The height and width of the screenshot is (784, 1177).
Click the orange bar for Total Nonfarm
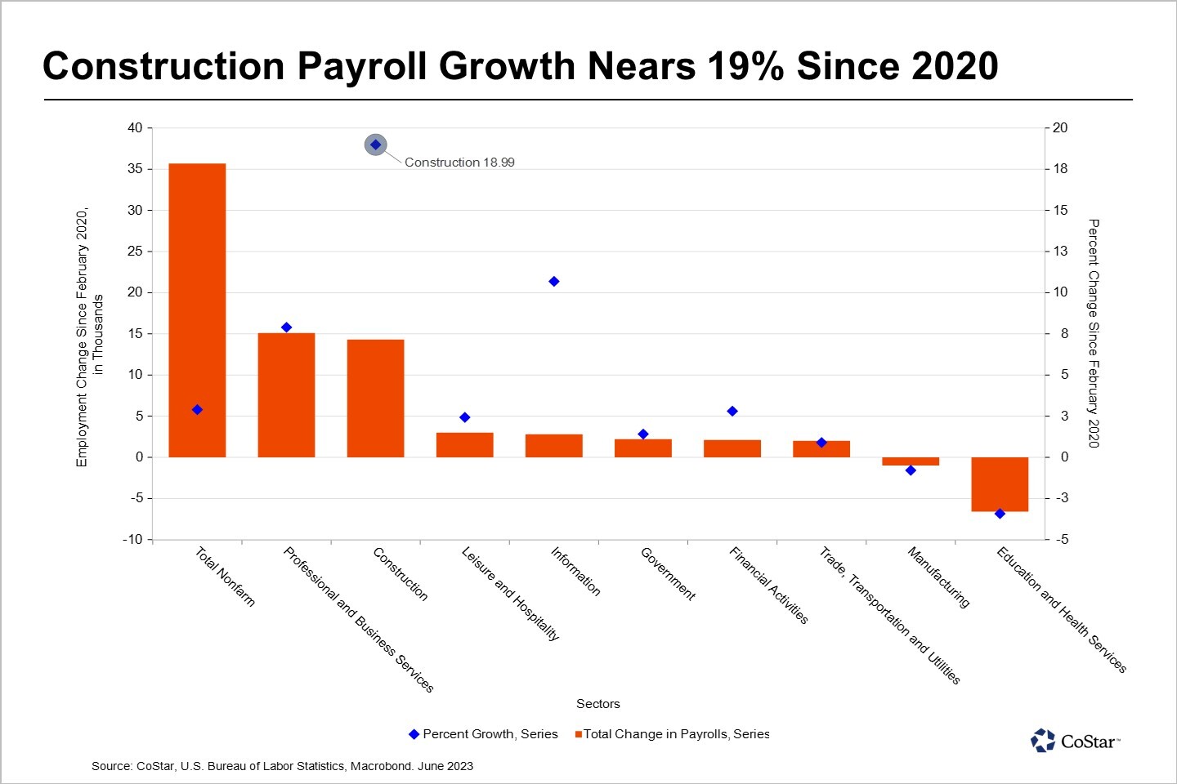point(197,310)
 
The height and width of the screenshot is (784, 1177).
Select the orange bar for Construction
point(375,398)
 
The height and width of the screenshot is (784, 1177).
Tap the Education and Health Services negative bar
point(1000,484)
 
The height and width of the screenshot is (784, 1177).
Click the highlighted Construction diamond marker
point(375,145)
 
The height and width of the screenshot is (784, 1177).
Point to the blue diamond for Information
point(553,282)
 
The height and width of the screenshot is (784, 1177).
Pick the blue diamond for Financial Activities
point(732,412)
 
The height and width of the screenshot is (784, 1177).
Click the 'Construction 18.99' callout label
point(459,163)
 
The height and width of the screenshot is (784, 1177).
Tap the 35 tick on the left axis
point(134,169)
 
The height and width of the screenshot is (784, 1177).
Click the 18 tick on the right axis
point(1060,169)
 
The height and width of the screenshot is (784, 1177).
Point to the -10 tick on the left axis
point(132,540)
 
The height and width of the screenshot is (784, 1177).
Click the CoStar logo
point(1075,741)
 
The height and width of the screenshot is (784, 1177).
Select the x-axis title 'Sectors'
point(597,704)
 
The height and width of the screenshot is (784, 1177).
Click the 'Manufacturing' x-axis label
point(938,577)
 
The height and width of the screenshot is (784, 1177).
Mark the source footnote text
point(282,766)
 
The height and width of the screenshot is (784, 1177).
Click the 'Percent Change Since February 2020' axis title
point(1094,333)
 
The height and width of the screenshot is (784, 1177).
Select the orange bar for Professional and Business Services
point(286,395)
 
